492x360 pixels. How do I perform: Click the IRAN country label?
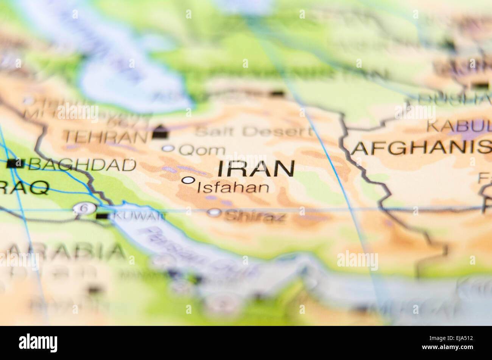(256, 168)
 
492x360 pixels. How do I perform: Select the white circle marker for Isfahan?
(188, 180)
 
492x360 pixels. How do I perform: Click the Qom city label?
(202, 150)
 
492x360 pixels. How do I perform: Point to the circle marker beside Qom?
(168, 148)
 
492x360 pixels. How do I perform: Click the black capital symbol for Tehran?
(160, 132)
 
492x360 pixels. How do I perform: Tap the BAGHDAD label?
(83, 164)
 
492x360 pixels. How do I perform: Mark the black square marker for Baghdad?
(16, 164)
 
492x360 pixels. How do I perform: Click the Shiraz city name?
(255, 216)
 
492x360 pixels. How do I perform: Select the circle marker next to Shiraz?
(214, 212)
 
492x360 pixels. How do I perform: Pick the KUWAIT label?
(139, 216)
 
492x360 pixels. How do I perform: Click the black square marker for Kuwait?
(102, 216)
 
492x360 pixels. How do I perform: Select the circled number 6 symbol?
(84, 208)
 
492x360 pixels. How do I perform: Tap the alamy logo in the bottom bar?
(38, 343)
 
